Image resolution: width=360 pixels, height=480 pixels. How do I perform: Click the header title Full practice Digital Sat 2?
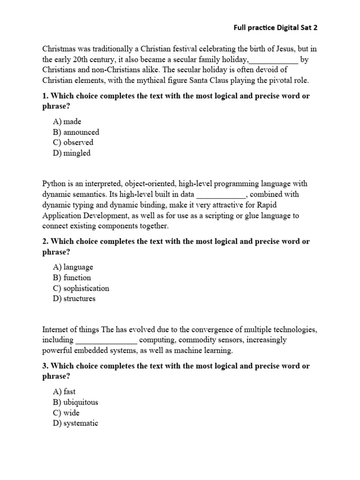tap(276, 28)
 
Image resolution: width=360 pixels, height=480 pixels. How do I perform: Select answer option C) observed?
tap(73, 142)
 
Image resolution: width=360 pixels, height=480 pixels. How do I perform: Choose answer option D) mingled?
tap(72, 153)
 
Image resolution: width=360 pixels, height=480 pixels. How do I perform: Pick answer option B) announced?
tap(76, 132)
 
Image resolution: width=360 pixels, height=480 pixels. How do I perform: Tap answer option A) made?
tap(67, 121)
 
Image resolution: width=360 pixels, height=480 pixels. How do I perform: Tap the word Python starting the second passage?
tap(54, 184)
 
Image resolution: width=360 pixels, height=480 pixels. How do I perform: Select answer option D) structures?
tap(74, 299)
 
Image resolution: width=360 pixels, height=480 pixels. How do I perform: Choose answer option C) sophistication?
tap(81, 288)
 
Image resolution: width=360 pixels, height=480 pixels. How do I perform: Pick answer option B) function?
tap(72, 277)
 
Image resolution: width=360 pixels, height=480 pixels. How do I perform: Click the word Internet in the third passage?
tap(56, 330)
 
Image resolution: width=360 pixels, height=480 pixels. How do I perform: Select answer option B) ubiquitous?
tap(75, 402)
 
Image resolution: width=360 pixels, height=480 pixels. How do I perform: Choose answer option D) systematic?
tap(75, 423)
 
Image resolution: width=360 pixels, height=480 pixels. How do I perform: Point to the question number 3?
tap(45, 366)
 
